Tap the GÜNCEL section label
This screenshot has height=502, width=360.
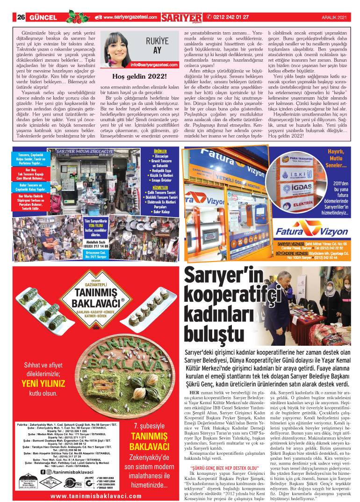43,17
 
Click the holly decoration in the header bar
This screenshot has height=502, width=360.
78,17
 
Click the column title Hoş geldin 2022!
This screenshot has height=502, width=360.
140,76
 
